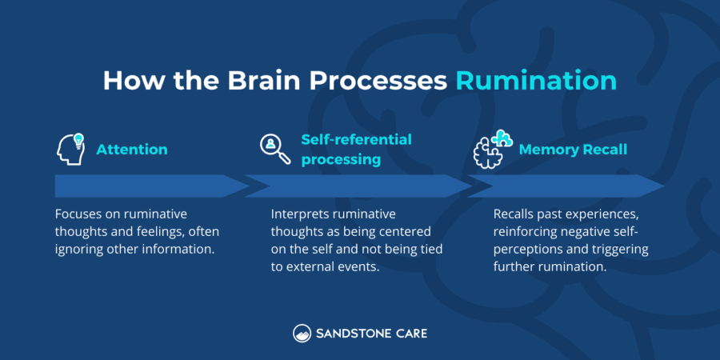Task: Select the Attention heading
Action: pyautogui.click(x=132, y=150)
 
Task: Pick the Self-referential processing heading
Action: pyautogui.click(x=356, y=149)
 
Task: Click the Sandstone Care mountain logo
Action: pyautogui.click(x=302, y=333)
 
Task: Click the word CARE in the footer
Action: pyautogui.click(x=408, y=333)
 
